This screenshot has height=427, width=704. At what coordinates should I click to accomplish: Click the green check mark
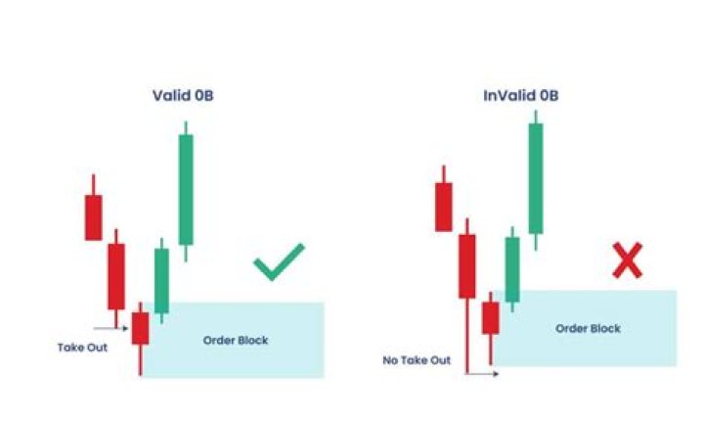coord(279,262)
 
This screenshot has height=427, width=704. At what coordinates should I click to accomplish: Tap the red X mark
coord(627,261)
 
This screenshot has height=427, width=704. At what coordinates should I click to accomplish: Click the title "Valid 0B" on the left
coord(184,96)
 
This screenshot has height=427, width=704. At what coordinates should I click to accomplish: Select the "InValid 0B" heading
coord(521,96)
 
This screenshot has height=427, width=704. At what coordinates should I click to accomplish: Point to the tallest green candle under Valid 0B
coord(186,188)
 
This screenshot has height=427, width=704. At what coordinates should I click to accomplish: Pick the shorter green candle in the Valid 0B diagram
coord(161,280)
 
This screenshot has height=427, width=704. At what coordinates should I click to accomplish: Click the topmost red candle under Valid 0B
coord(94,216)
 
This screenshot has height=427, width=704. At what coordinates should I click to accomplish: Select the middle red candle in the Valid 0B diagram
coord(116,276)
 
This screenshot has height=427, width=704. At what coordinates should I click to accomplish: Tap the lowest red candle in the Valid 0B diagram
coord(140,328)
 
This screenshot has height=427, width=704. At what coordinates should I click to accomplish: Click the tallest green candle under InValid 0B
coord(535,177)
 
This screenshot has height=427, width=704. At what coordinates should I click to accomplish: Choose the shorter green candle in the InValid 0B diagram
coord(511,268)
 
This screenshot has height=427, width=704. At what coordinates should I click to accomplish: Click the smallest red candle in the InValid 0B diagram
coord(490,317)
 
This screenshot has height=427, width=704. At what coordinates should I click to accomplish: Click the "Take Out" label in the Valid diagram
coord(83,346)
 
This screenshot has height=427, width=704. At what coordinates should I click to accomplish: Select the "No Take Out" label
coord(418,360)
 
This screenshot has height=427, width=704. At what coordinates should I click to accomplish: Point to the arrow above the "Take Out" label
coord(110,329)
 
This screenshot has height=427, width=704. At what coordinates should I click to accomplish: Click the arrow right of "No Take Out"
coord(482,373)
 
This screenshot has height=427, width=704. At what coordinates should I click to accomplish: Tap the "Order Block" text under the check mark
coord(236,341)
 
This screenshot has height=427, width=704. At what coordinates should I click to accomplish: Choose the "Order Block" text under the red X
coord(589,329)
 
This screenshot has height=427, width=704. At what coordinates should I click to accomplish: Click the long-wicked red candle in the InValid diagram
coord(467,265)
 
